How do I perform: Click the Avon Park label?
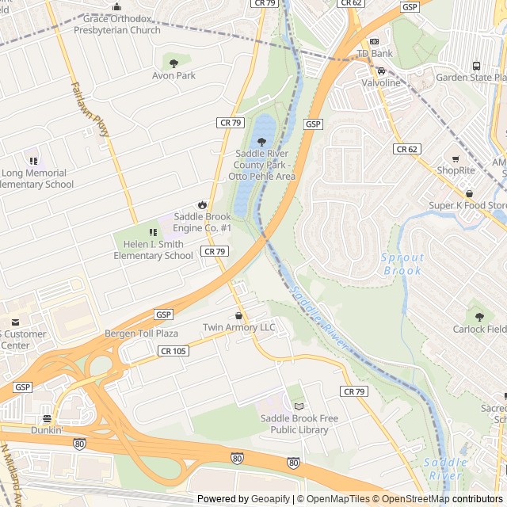coord(173,76)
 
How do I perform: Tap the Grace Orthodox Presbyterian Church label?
coord(116,25)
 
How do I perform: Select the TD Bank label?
coord(375,54)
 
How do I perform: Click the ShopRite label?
coord(456,170)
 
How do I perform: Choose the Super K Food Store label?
coord(467,206)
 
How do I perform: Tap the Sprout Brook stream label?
coord(402,264)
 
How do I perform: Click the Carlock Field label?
coord(479,330)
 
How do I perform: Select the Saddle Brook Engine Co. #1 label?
coord(203,223)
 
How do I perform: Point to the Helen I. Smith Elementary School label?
coord(153,250)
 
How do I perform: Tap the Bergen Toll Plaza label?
coord(141,334)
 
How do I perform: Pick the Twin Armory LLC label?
coord(239,328)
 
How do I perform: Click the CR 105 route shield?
coord(173,351)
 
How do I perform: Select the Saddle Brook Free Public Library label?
coord(294,424)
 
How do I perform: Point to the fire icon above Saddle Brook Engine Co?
coord(202,204)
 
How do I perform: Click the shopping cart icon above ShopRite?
coord(456,158)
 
